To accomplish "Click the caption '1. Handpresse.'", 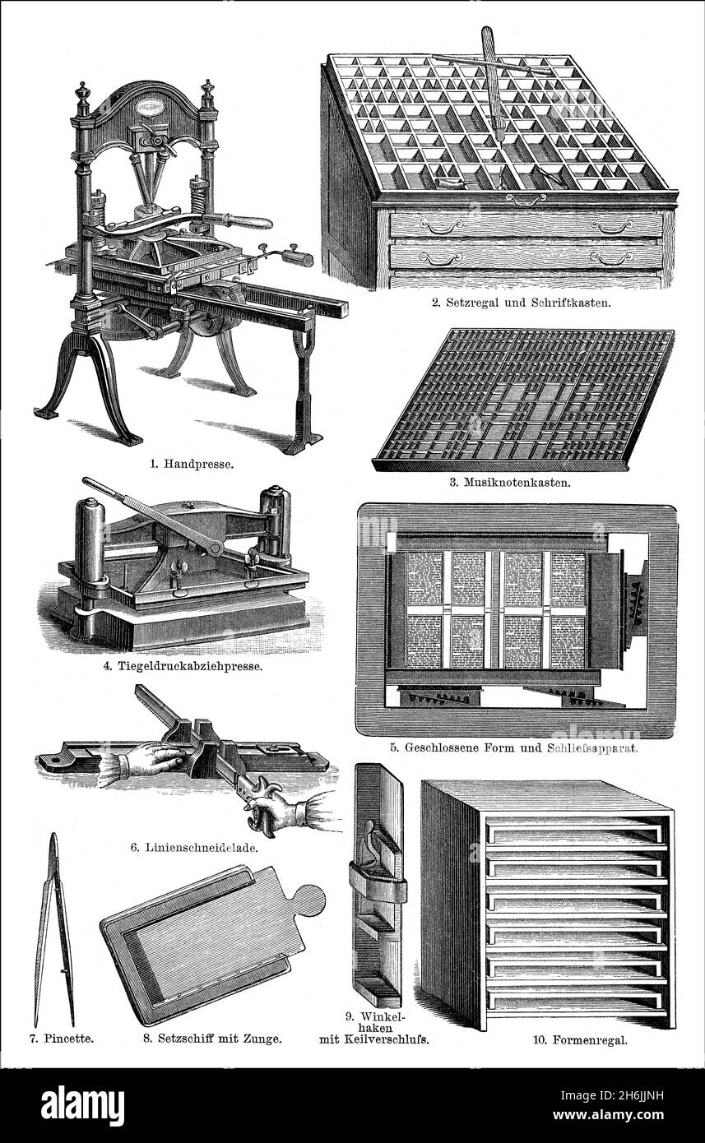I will point(192,463).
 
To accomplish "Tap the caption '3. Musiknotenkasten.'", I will point(510,482).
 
